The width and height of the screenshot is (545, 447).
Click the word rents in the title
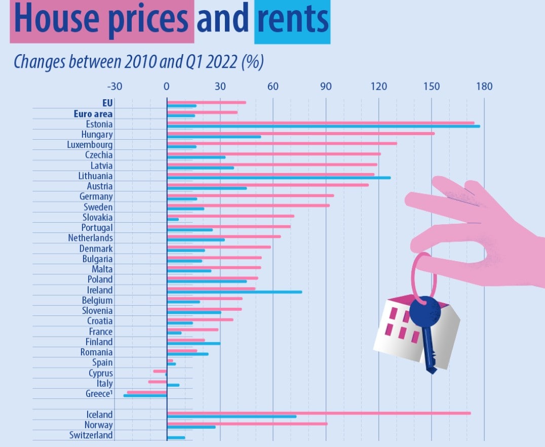[x=292, y=19]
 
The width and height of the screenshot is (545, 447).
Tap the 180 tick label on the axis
[x=484, y=86]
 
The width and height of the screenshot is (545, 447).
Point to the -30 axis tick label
[x=114, y=86]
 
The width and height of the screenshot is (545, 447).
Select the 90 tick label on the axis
[x=326, y=86]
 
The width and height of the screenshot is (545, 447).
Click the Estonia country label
[x=100, y=124]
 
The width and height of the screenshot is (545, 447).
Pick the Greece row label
[x=99, y=394]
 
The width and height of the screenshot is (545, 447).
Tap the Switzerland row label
[x=91, y=435]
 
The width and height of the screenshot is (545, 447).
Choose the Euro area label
[x=93, y=114]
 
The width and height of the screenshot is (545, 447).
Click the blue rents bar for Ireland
[x=234, y=292]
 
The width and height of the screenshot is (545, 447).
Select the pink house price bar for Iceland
[x=319, y=413]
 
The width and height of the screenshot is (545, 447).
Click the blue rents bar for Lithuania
[x=279, y=178]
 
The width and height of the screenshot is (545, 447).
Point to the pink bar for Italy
[x=158, y=382]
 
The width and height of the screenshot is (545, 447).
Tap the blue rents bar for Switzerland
[x=176, y=437]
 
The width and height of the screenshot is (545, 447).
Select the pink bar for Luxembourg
[x=282, y=143]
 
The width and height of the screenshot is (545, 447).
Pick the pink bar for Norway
[x=247, y=423]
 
